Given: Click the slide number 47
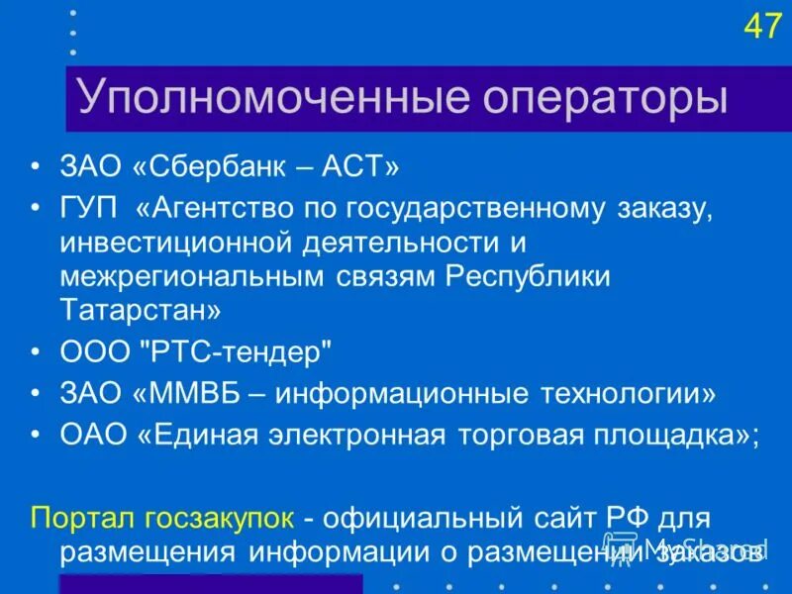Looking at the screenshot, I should [x=762, y=26].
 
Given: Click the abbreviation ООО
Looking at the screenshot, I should [x=93, y=351].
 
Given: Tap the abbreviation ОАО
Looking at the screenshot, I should [x=92, y=436].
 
